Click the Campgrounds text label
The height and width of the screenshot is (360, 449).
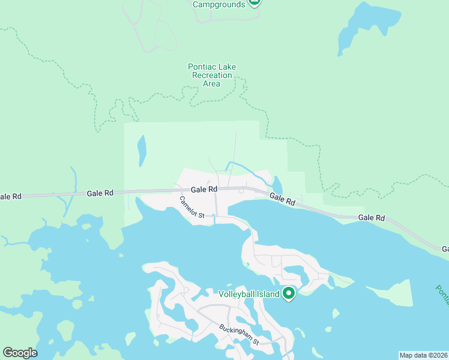(x=218, y=4)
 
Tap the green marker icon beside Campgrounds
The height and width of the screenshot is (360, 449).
(x=255, y=2)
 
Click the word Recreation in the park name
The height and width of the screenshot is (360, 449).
(x=211, y=75)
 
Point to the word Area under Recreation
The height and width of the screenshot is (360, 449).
(x=211, y=83)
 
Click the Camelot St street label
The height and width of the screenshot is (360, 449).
(x=192, y=207)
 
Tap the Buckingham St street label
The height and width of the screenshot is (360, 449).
(x=238, y=335)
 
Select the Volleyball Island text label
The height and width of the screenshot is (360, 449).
(x=249, y=294)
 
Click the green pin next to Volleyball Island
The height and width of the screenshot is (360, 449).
(x=289, y=293)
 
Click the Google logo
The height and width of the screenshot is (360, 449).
(x=20, y=353)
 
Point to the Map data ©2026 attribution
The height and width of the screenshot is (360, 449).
(x=424, y=355)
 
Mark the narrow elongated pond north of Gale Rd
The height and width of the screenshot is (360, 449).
(x=142, y=151)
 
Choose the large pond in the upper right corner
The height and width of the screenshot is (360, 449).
(x=366, y=27)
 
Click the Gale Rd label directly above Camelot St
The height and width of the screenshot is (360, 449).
(x=204, y=189)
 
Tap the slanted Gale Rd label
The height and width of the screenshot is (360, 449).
(x=282, y=200)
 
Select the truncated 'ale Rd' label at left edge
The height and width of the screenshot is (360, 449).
(x=11, y=196)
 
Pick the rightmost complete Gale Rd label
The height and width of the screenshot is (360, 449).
(x=372, y=218)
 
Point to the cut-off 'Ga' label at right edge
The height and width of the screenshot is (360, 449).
(x=445, y=248)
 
